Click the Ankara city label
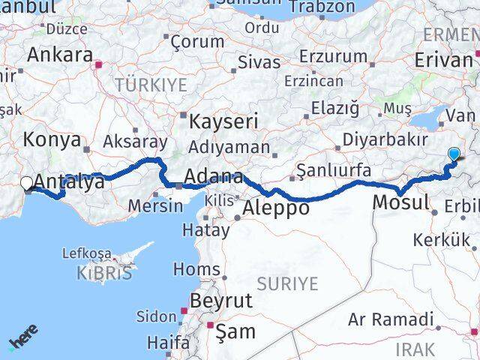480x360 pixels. pyautogui.click(x=60, y=55)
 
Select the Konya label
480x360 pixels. pyautogui.click(x=52, y=139)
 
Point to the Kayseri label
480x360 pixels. pyautogui.click(x=223, y=121)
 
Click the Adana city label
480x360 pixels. pyautogui.click(x=215, y=178)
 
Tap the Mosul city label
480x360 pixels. pyautogui.click(x=400, y=201)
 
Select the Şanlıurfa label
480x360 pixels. pyautogui.click(x=334, y=170)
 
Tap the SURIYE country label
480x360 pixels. pyautogui.click(x=288, y=283)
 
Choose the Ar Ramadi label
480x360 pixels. pyautogui.click(x=391, y=319)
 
